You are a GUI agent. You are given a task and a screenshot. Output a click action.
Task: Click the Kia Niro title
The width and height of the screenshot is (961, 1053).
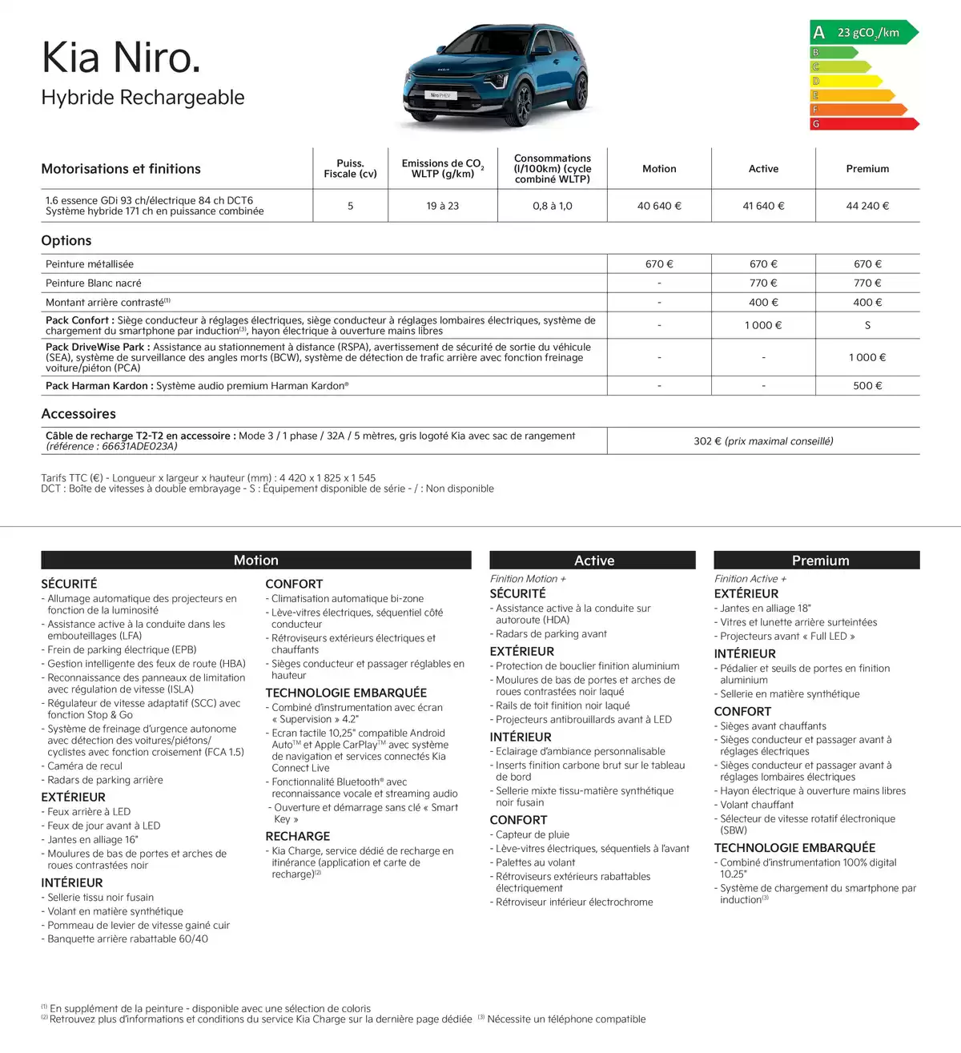click(121, 58)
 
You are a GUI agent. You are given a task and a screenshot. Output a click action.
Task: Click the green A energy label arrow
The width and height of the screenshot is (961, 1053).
click(863, 33)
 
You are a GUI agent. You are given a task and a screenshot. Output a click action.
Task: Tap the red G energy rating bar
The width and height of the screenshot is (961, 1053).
click(863, 124)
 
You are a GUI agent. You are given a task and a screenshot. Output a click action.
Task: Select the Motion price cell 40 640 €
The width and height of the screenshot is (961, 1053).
click(659, 206)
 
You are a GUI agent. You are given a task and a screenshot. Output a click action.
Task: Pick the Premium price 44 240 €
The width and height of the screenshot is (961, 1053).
click(867, 206)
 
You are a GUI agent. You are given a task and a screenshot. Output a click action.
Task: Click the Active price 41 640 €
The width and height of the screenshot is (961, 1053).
click(763, 206)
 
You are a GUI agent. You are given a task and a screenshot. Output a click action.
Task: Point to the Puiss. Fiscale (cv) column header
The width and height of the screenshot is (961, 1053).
click(350, 168)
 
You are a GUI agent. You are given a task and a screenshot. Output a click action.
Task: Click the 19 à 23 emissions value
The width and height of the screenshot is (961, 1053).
click(442, 206)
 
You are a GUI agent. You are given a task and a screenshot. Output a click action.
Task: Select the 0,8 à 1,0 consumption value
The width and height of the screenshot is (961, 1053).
click(552, 206)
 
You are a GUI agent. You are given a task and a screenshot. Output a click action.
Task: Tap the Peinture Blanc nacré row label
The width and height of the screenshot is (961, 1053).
click(94, 283)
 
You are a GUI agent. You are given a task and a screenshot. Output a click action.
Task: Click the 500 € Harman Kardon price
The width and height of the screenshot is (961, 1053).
click(867, 386)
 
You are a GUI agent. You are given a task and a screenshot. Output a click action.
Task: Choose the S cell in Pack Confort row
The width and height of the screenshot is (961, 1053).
click(867, 326)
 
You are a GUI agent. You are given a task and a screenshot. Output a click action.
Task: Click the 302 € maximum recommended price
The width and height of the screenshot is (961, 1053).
click(763, 441)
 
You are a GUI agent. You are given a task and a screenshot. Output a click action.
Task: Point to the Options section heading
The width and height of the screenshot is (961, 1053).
click(66, 241)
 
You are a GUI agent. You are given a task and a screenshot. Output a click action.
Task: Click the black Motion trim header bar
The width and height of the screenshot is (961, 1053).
click(256, 561)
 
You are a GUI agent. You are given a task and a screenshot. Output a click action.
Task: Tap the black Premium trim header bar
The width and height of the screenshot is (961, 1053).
click(817, 561)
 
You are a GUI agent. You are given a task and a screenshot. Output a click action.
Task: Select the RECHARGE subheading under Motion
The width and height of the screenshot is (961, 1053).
click(298, 837)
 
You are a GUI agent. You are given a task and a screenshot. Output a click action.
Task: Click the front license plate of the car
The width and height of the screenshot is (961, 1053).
click(441, 95)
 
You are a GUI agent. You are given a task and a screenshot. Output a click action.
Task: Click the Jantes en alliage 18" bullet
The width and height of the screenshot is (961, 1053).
click(766, 609)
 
